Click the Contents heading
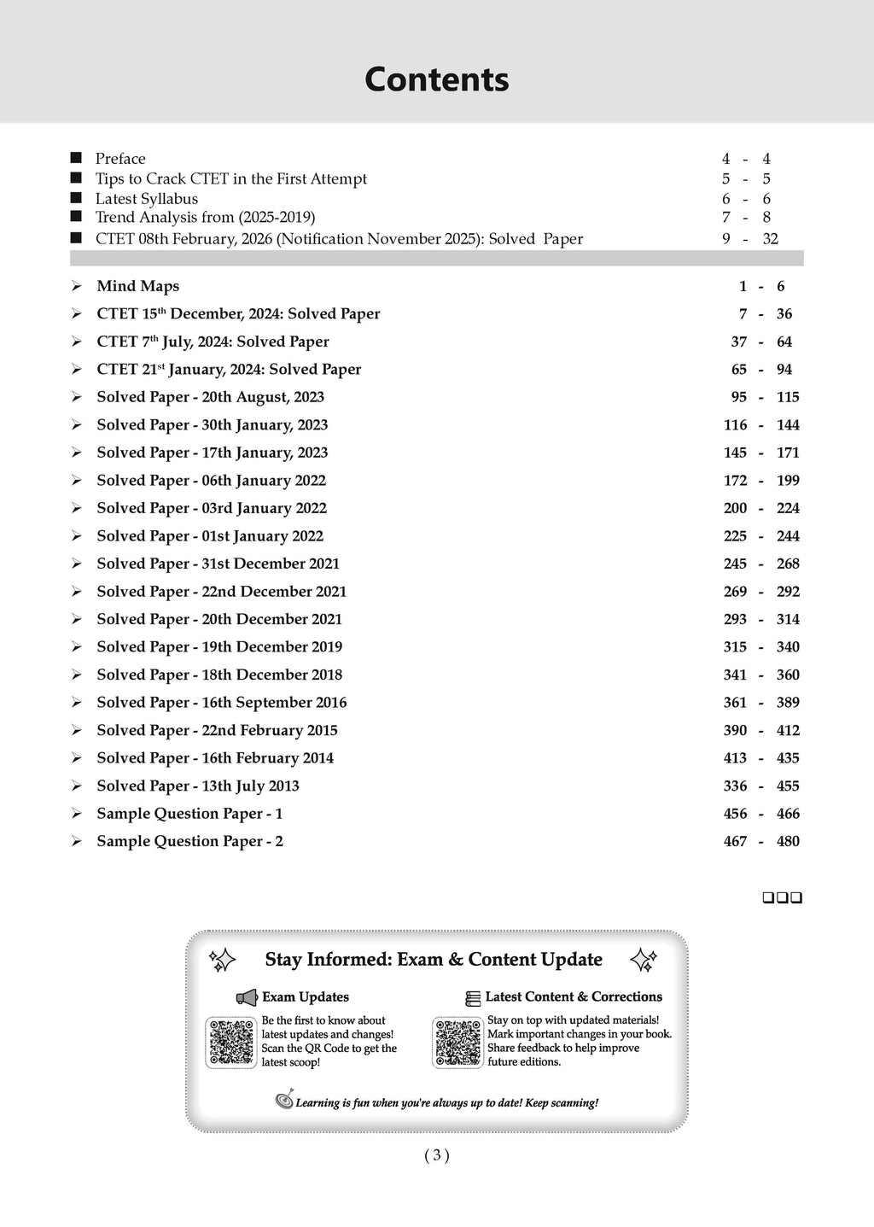(436, 79)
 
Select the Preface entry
(120, 159)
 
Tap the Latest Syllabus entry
(147, 199)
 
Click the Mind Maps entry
(137, 286)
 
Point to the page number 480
(788, 841)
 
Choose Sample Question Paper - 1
(189, 814)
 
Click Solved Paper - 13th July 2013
(198, 786)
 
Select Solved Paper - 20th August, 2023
(210, 397)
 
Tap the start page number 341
(735, 675)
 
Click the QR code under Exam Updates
(231, 1043)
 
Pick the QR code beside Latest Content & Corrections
(458, 1043)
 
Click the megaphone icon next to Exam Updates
(247, 997)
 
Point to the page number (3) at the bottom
(436, 1155)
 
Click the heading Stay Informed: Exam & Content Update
(434, 960)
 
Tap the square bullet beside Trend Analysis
(77, 218)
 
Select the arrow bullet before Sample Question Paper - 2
(77, 841)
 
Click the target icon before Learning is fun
(284, 1101)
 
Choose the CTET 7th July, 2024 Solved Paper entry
(213, 342)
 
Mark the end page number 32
(770, 239)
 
